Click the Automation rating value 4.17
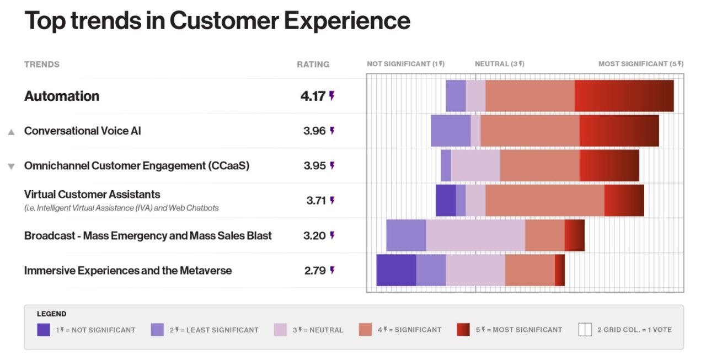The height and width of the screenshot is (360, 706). [x=313, y=96]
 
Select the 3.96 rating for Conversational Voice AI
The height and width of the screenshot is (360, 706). [x=314, y=131]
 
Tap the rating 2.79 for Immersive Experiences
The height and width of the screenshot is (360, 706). [x=315, y=271]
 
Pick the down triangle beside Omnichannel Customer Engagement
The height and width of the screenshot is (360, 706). [x=11, y=166]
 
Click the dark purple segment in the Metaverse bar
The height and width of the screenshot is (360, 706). [x=396, y=270]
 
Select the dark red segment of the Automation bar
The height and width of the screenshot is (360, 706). [x=624, y=96]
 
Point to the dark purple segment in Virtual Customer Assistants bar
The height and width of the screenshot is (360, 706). [x=446, y=201]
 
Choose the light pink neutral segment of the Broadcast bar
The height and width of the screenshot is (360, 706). [x=475, y=235]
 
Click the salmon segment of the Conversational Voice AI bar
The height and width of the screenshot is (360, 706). [x=529, y=131]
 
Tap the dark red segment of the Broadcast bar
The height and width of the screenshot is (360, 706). [x=574, y=235]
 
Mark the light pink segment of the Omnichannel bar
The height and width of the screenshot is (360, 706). [x=475, y=166]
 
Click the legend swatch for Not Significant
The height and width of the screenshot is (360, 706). [x=44, y=330]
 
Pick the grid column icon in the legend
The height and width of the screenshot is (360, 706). [x=585, y=330]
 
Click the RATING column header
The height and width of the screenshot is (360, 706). [x=313, y=65]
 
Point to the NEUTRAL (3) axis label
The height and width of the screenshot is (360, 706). [x=499, y=64]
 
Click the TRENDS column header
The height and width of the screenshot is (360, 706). [x=42, y=65]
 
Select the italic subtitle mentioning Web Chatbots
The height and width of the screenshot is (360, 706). [x=121, y=208]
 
